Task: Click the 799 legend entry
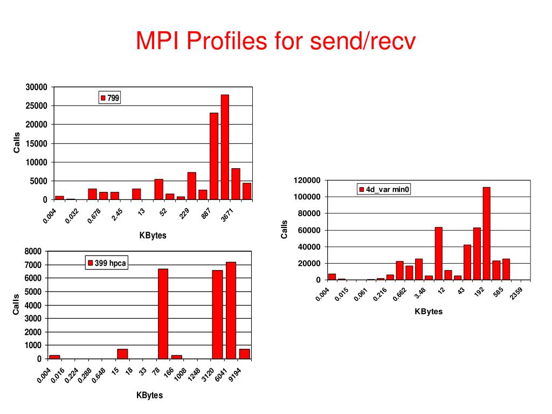[x=110, y=98]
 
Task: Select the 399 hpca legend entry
[x=107, y=263]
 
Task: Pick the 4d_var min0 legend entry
[x=384, y=189]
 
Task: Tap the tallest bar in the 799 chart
[x=225, y=147]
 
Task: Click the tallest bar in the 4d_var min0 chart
[x=486, y=233]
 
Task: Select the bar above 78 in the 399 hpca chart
[x=163, y=313]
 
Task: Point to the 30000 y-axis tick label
[x=37, y=87]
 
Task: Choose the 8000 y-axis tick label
[x=32, y=251]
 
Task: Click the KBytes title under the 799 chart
[x=153, y=235]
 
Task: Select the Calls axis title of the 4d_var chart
[x=284, y=230]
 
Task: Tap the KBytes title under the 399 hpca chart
[x=149, y=395]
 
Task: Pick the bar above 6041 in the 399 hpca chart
[x=231, y=310]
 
